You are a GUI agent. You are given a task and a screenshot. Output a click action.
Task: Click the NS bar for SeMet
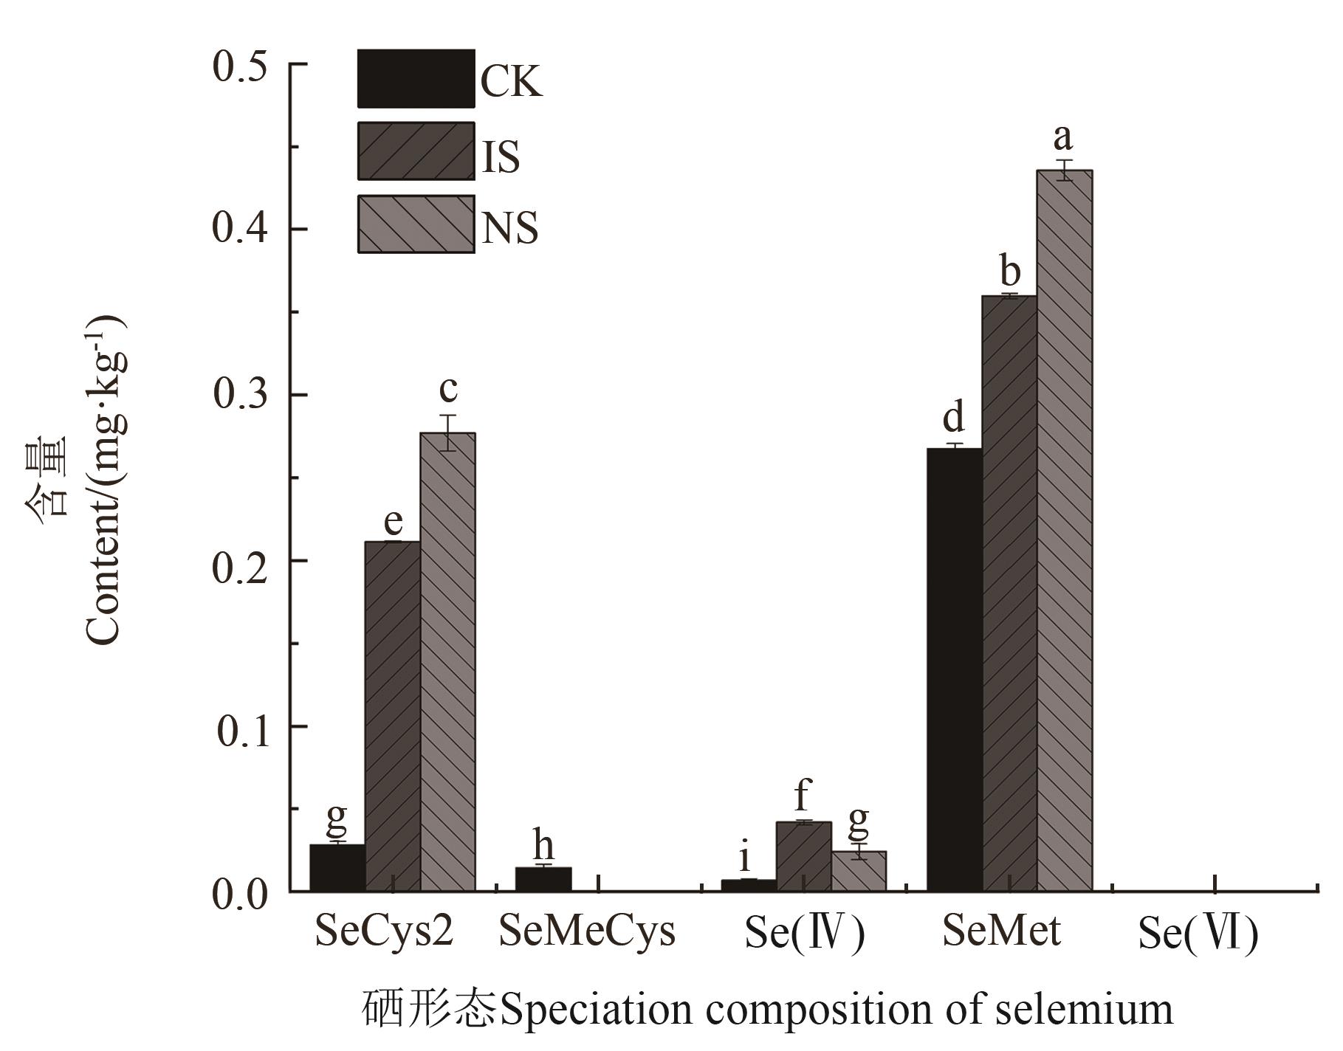click(1064, 531)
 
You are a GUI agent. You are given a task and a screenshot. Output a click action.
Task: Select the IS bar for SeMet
click(1009, 594)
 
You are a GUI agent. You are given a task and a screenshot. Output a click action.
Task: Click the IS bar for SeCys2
click(392, 716)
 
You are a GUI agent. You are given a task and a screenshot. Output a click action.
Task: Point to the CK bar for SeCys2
click(337, 868)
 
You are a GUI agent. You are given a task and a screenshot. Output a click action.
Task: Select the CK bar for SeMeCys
click(543, 879)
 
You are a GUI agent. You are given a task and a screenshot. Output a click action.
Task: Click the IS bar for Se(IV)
click(803, 857)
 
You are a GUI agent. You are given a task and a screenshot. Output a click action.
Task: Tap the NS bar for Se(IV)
click(859, 872)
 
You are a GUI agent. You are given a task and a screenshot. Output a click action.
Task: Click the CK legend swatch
click(416, 78)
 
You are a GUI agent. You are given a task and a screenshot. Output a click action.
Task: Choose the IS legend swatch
click(416, 151)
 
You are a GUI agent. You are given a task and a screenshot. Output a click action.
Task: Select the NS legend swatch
click(416, 224)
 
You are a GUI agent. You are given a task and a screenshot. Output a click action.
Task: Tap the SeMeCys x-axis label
click(587, 931)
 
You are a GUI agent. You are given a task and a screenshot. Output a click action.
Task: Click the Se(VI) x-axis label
click(1198, 934)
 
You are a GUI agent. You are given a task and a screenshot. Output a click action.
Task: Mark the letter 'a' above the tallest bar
click(1063, 137)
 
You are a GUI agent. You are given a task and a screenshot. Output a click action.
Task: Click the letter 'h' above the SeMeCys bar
click(543, 846)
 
